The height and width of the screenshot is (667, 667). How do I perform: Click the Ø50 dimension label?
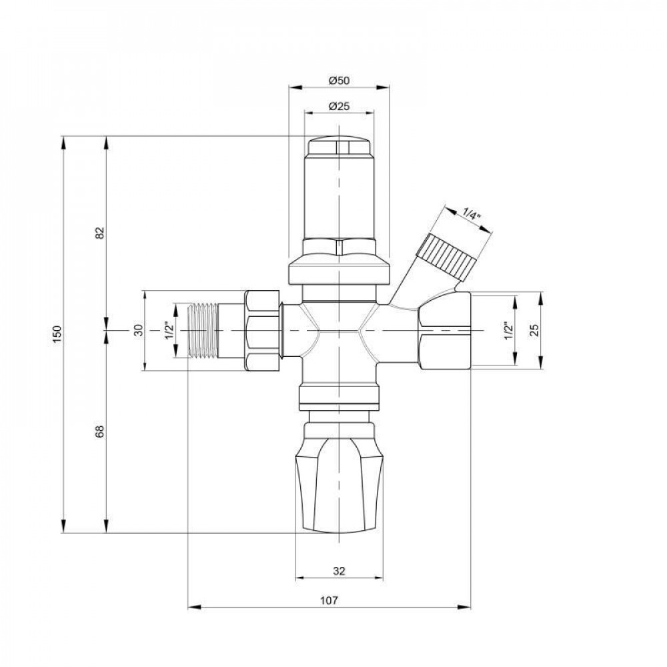(x=340, y=80)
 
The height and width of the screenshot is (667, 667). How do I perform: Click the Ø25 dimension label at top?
(x=340, y=106)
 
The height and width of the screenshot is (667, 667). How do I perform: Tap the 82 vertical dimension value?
(x=100, y=233)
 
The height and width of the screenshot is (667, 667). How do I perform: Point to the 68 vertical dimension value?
(x=100, y=432)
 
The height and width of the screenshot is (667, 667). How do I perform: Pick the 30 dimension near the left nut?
(x=139, y=331)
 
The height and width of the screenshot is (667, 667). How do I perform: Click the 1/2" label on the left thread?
(x=170, y=331)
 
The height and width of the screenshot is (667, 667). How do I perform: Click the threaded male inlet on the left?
(x=208, y=331)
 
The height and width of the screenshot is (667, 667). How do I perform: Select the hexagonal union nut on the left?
(x=264, y=331)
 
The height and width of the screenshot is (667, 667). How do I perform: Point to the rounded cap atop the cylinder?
(x=340, y=146)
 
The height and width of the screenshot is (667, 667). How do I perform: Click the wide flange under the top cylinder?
(x=340, y=272)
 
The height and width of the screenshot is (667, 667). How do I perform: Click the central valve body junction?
(x=340, y=331)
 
